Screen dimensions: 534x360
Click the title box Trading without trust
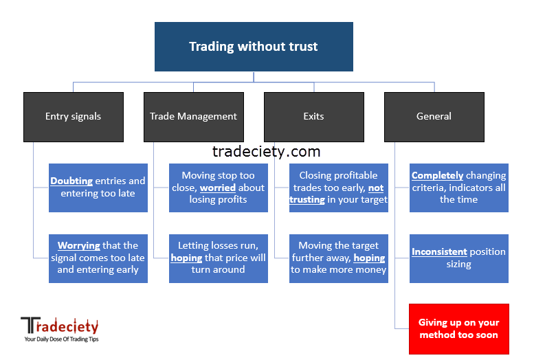[x=254, y=47]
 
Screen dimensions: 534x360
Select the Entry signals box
[x=74, y=117]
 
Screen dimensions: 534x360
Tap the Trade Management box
[x=194, y=117]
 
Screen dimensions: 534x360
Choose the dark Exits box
[x=314, y=117]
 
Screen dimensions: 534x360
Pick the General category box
[x=434, y=117]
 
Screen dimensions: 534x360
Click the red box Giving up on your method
[x=459, y=329]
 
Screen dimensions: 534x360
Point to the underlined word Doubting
[x=71, y=181]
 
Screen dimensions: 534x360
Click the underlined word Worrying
[x=78, y=245]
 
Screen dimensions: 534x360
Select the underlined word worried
[x=218, y=188]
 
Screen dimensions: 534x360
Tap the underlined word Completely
[x=437, y=175]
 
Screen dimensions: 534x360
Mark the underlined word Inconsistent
[x=439, y=251]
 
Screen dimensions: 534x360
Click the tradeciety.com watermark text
[x=267, y=152]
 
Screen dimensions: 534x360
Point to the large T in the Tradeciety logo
[x=28, y=325]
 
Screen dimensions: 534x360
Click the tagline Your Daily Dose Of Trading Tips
[x=61, y=339]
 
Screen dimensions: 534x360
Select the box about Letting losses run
[x=219, y=258]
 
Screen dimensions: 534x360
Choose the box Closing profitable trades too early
[x=339, y=188]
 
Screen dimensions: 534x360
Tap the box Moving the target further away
[x=339, y=258]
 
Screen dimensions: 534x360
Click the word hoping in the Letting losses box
[x=187, y=258]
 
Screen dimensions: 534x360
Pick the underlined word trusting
[x=307, y=200]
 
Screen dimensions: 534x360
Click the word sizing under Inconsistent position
[x=458, y=265]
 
